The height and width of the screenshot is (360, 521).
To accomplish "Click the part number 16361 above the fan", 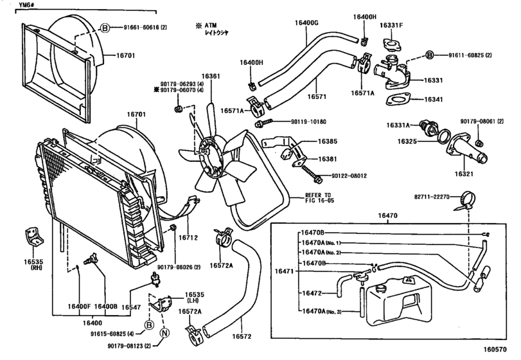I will [x=210, y=76].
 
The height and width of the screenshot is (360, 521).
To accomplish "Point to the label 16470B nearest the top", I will [x=313, y=233].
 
